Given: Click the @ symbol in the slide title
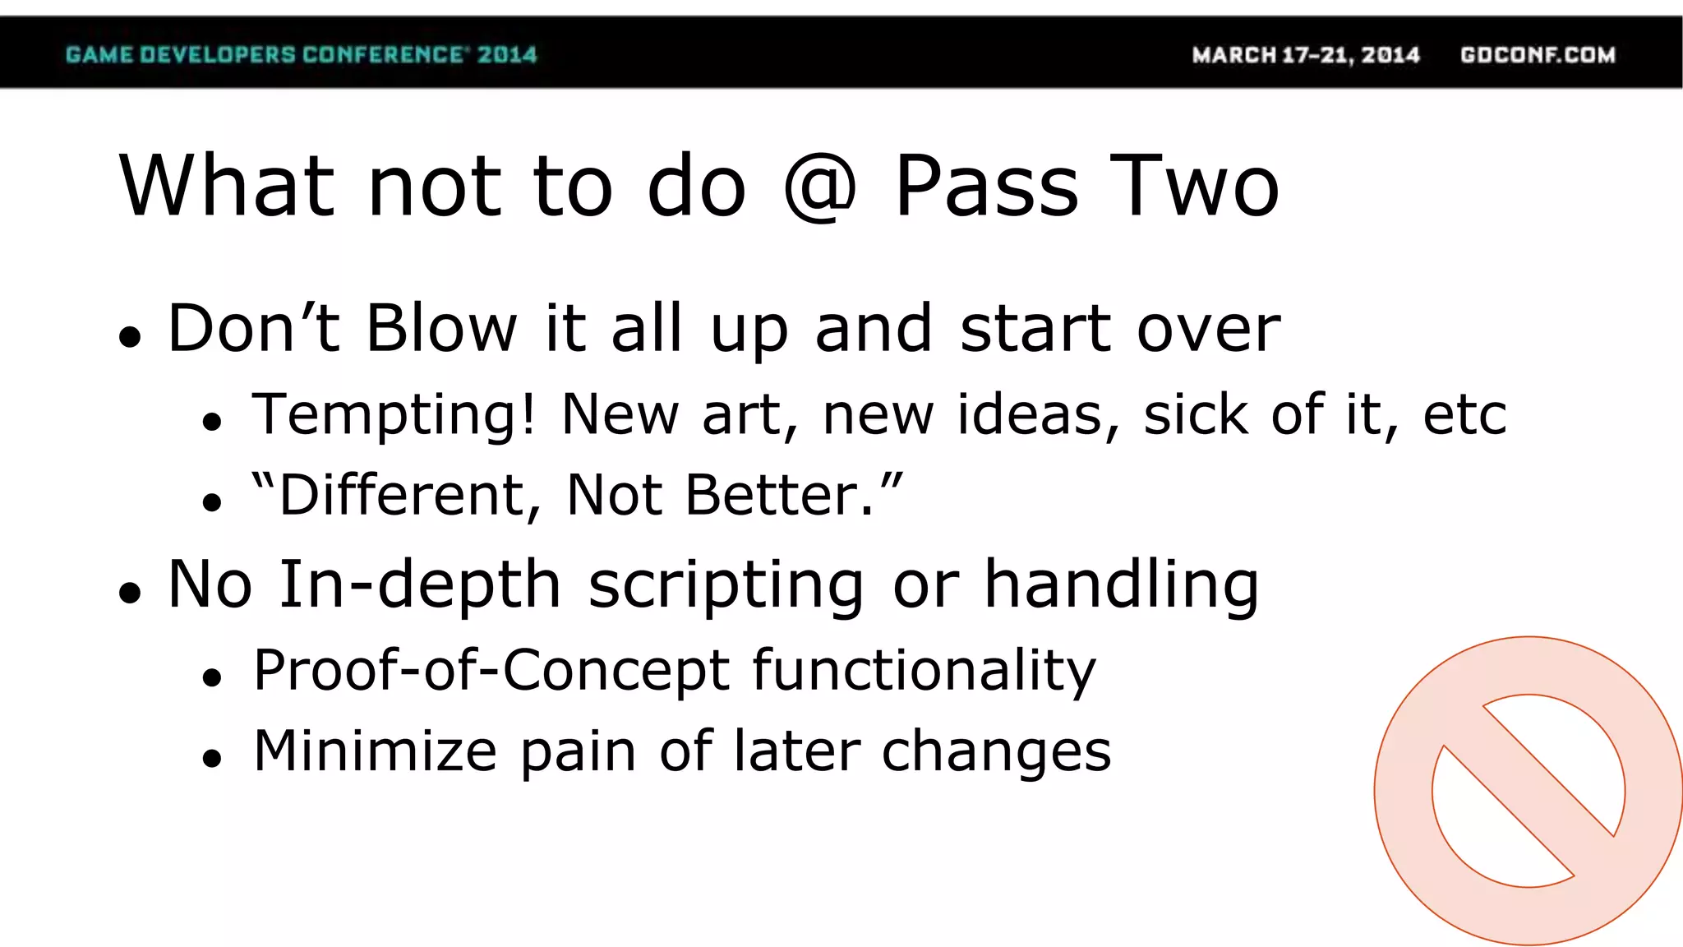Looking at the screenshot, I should tap(819, 187).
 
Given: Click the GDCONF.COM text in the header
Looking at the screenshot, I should tap(1538, 54).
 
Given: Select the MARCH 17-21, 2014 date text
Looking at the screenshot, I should tap(1306, 54).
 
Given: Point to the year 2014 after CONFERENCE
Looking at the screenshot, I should tap(507, 54).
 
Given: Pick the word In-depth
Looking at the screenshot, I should tap(420, 584).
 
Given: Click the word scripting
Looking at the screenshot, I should tap(726, 585).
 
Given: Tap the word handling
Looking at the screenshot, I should tap(1121, 585).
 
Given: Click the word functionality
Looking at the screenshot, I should tap(924, 671).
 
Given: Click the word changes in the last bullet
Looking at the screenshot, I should tap(996, 751).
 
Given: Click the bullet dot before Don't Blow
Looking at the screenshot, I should tap(130, 337).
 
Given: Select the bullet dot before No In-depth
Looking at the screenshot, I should tap(130, 593).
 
